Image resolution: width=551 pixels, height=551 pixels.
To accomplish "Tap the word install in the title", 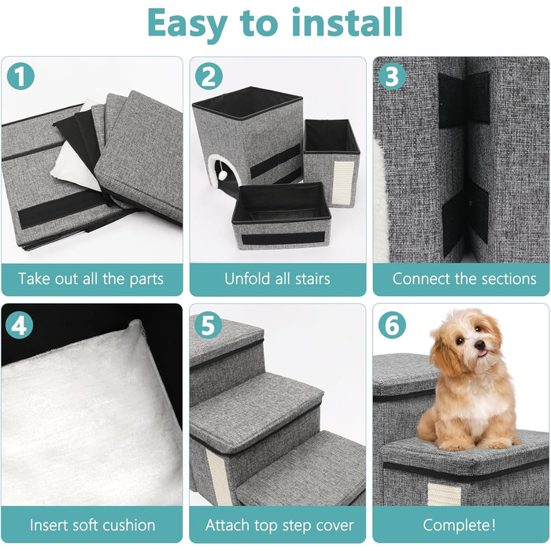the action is (x=347, y=22).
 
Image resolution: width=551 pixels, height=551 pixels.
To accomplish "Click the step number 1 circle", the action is (x=20, y=76).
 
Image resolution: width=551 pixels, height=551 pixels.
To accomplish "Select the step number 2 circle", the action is (x=209, y=76).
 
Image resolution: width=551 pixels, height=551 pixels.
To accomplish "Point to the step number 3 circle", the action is (x=392, y=76).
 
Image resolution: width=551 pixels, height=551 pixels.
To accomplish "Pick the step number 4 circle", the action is (x=20, y=325).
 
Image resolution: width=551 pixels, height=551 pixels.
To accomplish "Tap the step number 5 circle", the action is (x=208, y=325).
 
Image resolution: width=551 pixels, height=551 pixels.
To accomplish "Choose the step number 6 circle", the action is (x=392, y=325).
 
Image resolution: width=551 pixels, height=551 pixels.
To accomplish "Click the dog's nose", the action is (x=480, y=346).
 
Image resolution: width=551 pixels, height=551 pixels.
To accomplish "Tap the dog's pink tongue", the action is (x=483, y=353).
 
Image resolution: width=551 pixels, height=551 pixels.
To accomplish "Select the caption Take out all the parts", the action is (x=91, y=279).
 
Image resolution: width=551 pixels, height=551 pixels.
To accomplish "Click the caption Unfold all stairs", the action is (x=277, y=279).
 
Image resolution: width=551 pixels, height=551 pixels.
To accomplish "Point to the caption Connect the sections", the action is (x=464, y=279).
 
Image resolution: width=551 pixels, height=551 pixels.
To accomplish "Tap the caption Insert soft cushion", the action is (x=92, y=525).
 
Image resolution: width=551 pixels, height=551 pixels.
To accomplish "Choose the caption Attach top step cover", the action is (x=279, y=525).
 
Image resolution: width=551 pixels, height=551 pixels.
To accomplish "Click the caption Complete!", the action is (x=459, y=525).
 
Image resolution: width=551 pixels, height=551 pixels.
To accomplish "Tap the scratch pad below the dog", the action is (x=444, y=494).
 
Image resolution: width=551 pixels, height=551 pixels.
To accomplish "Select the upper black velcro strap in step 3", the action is (x=464, y=98).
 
